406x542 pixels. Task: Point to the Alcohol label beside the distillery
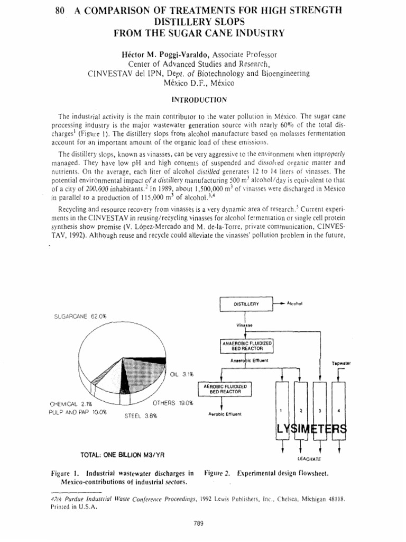[x=294, y=303]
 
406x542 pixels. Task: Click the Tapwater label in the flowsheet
[x=342, y=363]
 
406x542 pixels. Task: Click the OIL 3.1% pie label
[x=182, y=374]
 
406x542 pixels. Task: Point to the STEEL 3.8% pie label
[x=140, y=416]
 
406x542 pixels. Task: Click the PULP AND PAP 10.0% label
[x=77, y=412]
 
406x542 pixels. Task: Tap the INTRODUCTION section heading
[x=202, y=99]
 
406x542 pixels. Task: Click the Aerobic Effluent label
[x=225, y=414]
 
